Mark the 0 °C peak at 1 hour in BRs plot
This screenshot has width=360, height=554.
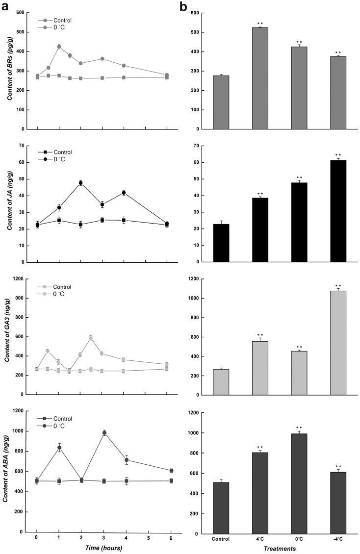coord(59,47)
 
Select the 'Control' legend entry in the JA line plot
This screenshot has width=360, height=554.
coord(56,146)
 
